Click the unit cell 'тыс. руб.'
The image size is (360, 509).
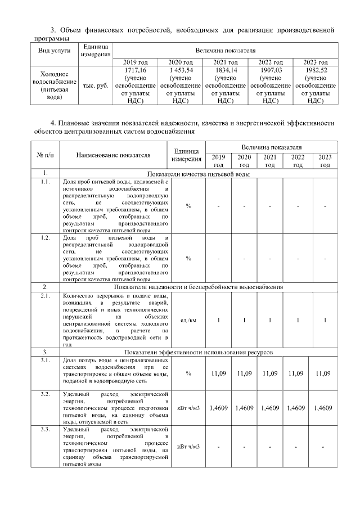point(95,85)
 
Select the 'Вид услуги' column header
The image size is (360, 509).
point(54,50)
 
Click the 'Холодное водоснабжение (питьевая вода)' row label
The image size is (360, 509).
point(54,85)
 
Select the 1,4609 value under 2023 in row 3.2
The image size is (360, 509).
point(325,408)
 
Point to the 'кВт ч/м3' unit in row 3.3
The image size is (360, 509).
point(188,447)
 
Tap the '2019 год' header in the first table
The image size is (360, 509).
point(136,61)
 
